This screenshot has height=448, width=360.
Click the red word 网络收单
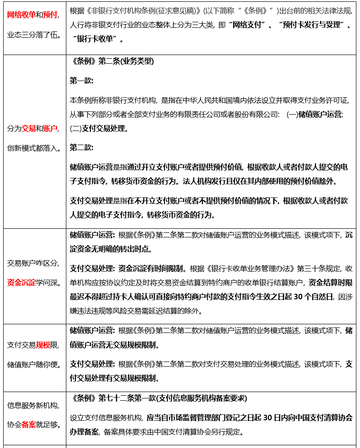point(21,15)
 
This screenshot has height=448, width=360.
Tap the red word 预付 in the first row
point(50,15)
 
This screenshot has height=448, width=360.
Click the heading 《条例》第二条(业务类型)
point(112,61)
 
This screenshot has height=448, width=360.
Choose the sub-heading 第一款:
point(81,81)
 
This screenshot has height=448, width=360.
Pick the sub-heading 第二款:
point(81,147)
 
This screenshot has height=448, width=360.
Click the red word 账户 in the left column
point(50,128)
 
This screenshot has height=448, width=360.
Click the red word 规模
point(43,345)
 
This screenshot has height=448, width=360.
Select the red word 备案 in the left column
point(29,425)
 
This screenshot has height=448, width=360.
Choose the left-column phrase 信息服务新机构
point(32,405)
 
